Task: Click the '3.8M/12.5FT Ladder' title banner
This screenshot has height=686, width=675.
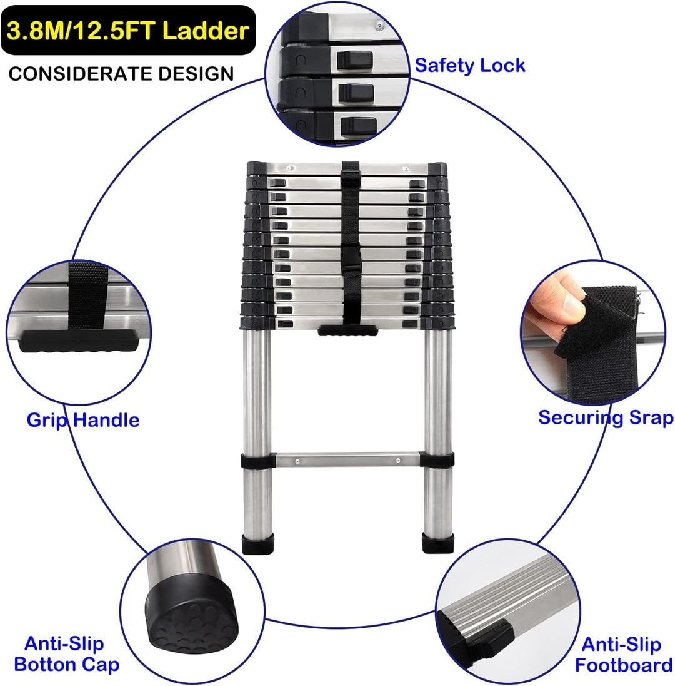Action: point(128,30)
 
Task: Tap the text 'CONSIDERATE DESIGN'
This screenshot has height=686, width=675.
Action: point(121,73)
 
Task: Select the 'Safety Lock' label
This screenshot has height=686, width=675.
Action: point(469,66)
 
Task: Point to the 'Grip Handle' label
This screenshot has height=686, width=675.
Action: point(83,420)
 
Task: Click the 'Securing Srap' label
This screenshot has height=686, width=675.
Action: point(606,417)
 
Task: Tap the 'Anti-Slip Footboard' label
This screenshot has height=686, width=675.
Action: point(623,655)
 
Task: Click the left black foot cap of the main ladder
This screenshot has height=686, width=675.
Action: point(257,543)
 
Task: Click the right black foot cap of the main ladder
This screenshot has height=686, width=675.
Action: point(437,543)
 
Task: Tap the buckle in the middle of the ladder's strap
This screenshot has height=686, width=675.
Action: point(351,258)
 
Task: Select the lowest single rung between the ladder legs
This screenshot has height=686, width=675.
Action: point(347,459)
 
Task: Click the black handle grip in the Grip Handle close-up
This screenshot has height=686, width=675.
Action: point(79,340)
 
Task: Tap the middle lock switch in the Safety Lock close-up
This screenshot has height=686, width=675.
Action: point(356,92)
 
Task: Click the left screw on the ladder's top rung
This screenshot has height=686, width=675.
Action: point(289,168)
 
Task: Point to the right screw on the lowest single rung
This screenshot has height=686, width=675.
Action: point(398,460)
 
